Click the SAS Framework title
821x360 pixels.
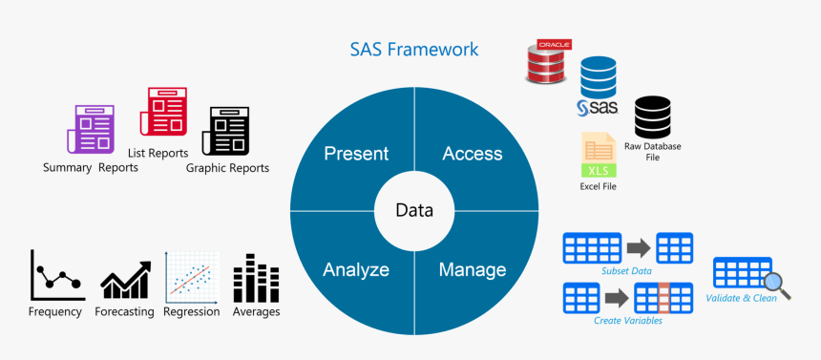pyautogui.click(x=413, y=50)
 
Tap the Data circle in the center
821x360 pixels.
pyautogui.click(x=414, y=211)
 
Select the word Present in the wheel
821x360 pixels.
pyautogui.click(x=356, y=154)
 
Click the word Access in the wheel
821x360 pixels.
pyautogui.click(x=473, y=154)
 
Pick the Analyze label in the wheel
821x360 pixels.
pyautogui.click(x=356, y=269)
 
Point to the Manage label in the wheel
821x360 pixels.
pyautogui.click(x=473, y=269)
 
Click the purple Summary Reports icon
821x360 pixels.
pyautogui.click(x=90, y=130)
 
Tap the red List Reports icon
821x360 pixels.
pyautogui.click(x=163, y=112)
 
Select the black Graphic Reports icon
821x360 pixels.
pyautogui.click(x=225, y=131)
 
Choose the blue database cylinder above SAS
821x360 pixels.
pyautogui.click(x=598, y=77)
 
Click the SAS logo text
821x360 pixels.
pyautogui.click(x=598, y=108)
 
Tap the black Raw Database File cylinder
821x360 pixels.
pyautogui.click(x=652, y=117)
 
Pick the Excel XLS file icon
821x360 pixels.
pyautogui.click(x=599, y=155)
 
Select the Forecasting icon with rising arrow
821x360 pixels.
pyautogui.click(x=126, y=280)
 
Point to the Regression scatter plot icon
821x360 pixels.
pyautogui.click(x=192, y=277)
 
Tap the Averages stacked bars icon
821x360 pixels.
pyautogui.click(x=256, y=278)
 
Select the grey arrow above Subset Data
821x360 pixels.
pyautogui.click(x=639, y=248)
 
